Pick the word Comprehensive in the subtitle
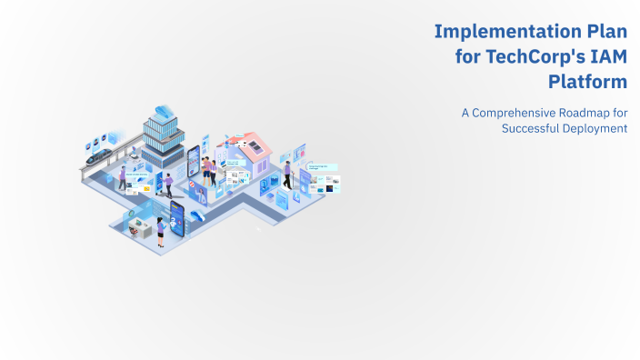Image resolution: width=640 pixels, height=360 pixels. point(521,113)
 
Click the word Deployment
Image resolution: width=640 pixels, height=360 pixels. point(597,128)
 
